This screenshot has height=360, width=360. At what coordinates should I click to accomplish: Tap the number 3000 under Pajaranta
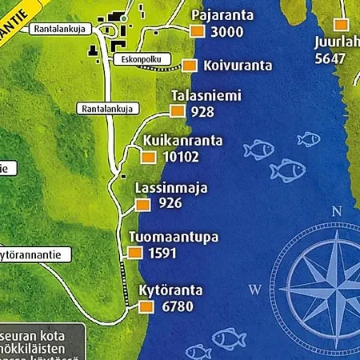227,33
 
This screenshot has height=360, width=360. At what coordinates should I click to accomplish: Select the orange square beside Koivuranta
190,66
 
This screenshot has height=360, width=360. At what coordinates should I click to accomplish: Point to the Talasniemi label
206,96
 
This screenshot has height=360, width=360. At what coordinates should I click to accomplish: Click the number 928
203,111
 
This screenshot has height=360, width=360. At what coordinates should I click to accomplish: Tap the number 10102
180,157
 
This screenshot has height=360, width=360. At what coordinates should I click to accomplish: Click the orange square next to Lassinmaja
142,204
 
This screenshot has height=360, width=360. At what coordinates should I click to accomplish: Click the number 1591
162,254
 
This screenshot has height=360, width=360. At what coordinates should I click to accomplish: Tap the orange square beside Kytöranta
146,307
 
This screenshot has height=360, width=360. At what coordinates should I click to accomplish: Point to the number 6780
178,307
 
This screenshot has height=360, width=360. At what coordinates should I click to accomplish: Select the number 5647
330,58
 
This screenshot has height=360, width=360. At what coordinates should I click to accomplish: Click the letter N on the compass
337,212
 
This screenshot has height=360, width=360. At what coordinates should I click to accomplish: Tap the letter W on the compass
255,289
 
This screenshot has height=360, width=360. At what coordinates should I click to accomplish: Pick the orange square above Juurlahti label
342,25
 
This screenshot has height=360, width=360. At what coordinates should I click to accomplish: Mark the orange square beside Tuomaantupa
133,254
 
